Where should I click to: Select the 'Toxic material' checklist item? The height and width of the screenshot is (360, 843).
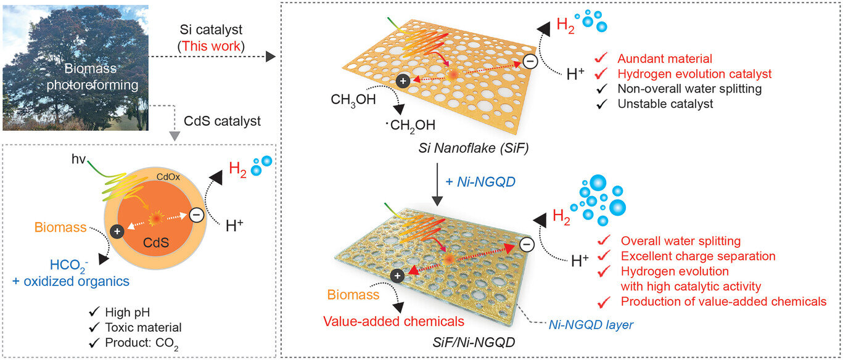tap(143, 327)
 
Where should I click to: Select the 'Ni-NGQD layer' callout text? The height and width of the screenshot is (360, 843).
tap(591, 324)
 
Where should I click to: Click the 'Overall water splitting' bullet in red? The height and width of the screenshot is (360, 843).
tap(680, 240)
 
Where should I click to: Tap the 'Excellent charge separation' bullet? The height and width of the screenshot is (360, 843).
tap(697, 256)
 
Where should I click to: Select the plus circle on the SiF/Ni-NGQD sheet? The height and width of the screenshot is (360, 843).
tap(398, 274)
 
